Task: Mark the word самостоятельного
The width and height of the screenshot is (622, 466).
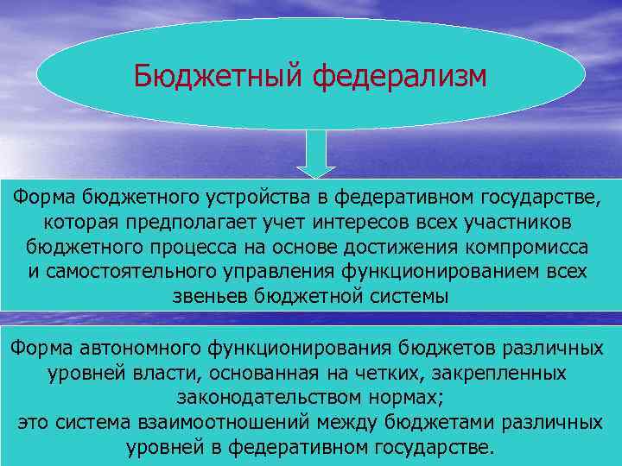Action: [x=126, y=273]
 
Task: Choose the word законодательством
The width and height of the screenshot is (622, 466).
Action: [x=273, y=399]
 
